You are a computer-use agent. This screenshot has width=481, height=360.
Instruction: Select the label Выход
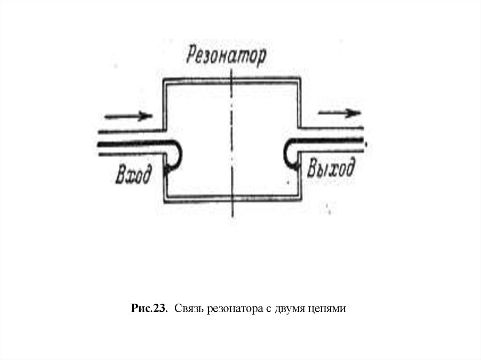[331, 169]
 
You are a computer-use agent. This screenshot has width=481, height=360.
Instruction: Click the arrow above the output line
[339, 113]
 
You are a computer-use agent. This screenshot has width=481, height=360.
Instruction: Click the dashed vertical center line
[233, 141]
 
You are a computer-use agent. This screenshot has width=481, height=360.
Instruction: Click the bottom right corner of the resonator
[299, 199]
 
